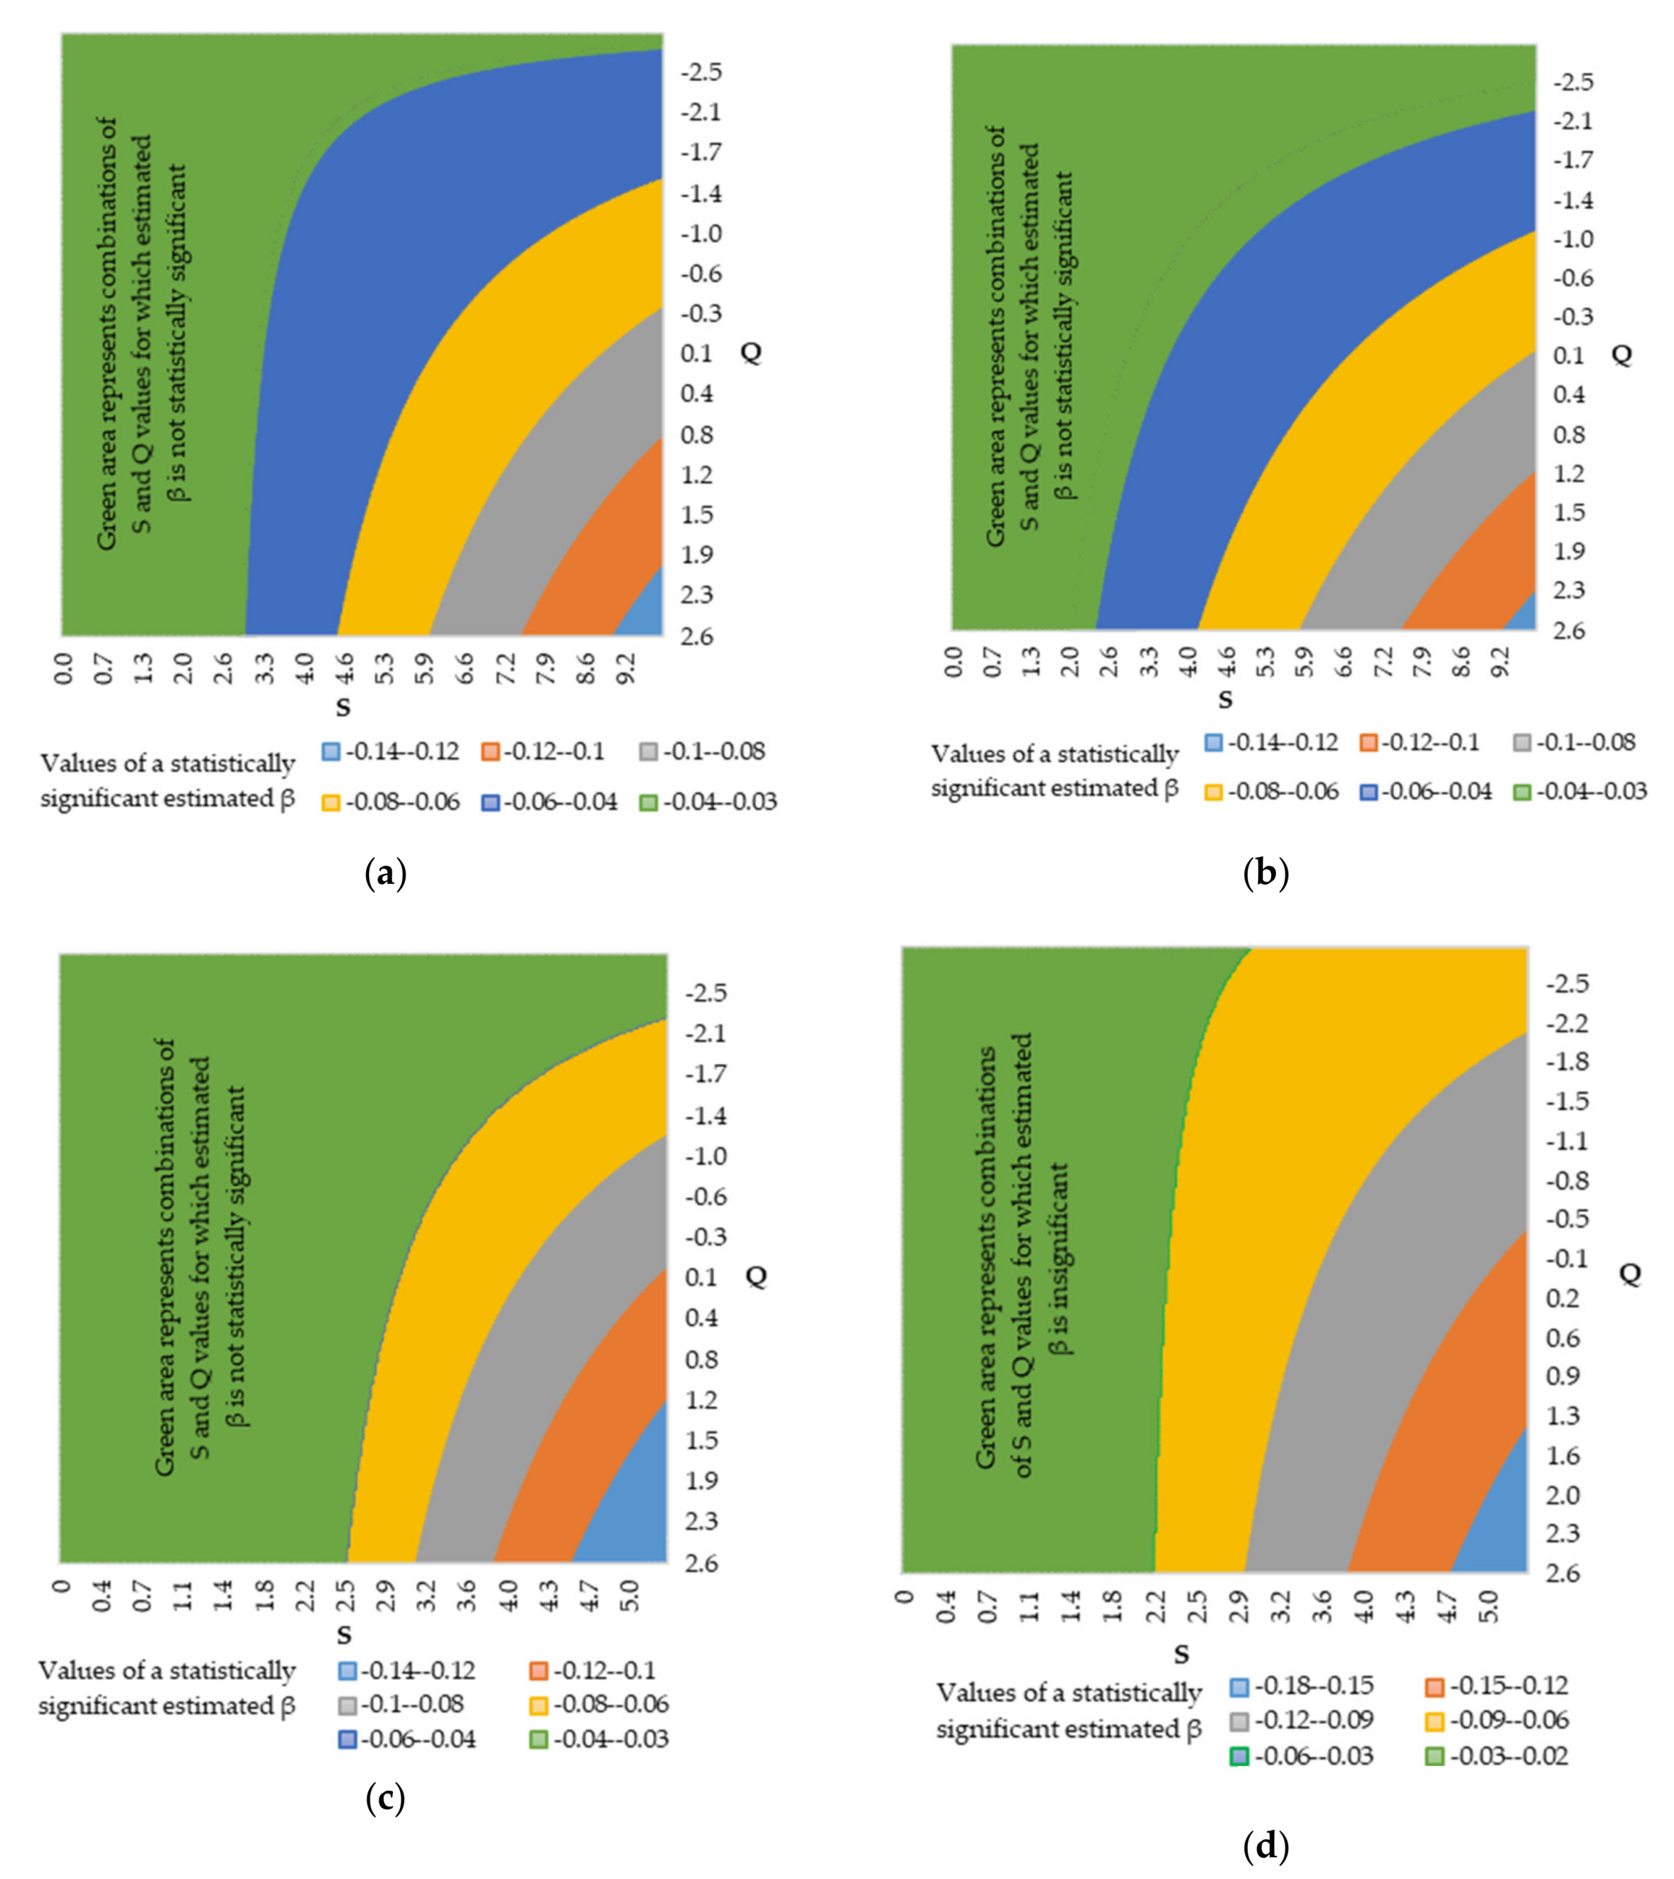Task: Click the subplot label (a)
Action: [386, 873]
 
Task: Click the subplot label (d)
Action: [1265, 1846]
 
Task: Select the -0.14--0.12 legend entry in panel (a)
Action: [391, 751]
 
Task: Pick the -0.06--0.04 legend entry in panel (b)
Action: [1427, 791]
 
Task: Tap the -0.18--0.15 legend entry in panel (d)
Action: [1301, 1686]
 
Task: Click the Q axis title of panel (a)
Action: [750, 353]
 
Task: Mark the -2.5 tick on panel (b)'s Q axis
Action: [1573, 82]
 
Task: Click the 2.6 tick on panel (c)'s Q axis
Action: [701, 1563]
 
